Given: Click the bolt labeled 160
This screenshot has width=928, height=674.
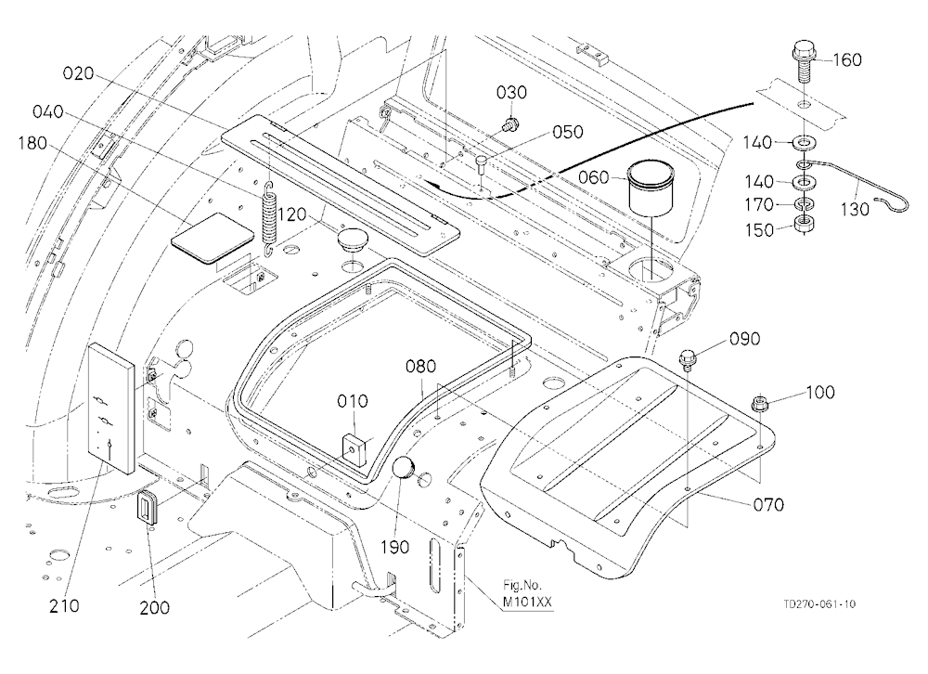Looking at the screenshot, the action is [804, 61].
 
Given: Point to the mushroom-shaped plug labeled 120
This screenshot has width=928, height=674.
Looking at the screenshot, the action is [352, 240].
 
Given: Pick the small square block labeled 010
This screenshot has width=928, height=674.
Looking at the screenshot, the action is [355, 447].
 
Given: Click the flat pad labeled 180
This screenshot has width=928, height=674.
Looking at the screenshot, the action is [212, 238].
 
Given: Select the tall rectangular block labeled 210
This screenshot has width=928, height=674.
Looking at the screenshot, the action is [112, 409].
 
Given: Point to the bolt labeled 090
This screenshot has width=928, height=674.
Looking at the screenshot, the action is [688, 359].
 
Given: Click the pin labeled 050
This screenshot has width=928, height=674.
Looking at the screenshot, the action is [481, 162].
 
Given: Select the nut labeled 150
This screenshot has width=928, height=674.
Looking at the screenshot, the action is [803, 224].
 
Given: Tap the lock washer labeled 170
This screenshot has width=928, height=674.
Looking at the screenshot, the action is [803, 205].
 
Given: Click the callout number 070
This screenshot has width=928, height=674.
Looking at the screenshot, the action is [768, 505].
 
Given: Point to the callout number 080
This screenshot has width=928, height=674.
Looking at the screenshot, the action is [420, 367].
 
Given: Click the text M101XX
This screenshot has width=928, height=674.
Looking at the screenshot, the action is [527, 603].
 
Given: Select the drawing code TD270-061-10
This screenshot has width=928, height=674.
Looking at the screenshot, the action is [819, 604].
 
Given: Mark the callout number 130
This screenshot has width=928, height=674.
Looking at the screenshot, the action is [855, 209].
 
